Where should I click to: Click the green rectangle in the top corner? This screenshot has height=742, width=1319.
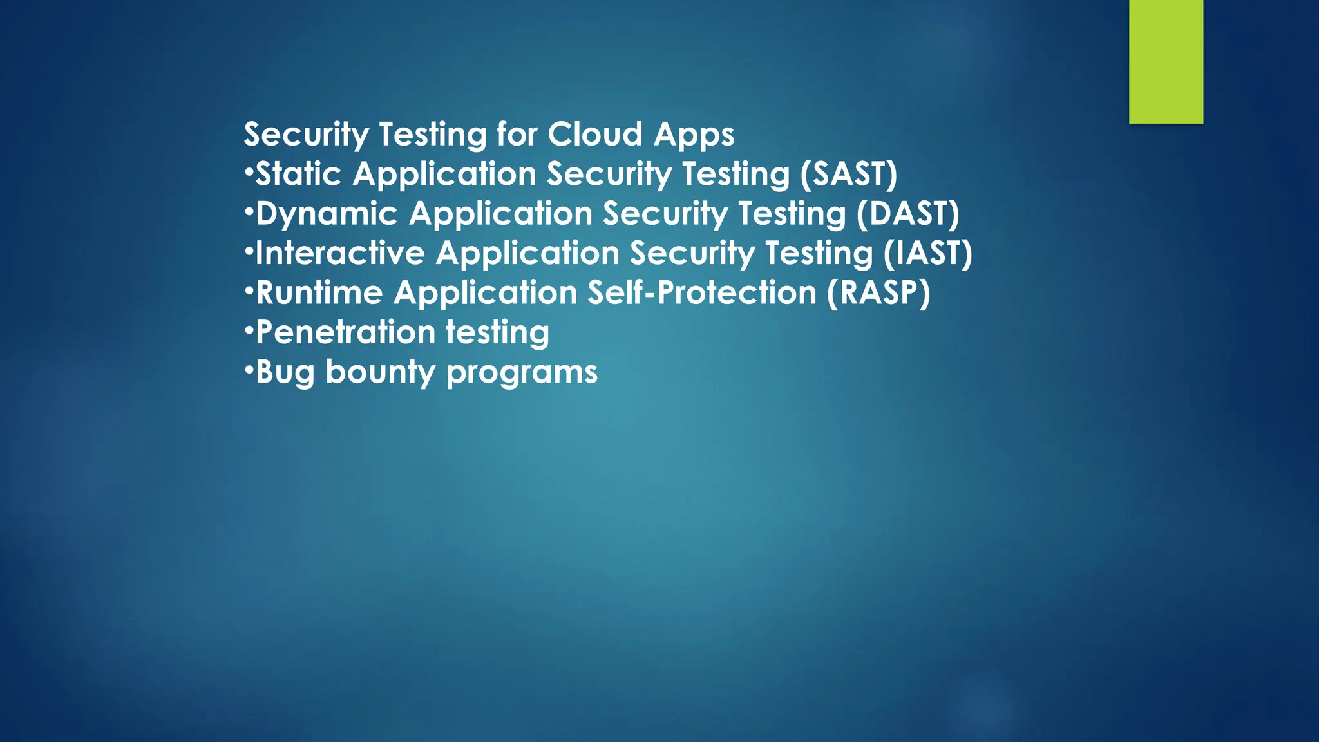[x=1166, y=61]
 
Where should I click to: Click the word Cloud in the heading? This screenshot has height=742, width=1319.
[x=595, y=135]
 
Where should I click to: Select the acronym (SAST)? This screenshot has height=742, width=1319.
[x=848, y=175]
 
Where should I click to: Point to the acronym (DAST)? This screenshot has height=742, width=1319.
[x=907, y=214]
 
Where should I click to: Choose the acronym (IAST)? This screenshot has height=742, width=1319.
[x=927, y=253]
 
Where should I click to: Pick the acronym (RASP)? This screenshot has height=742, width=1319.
[x=878, y=293]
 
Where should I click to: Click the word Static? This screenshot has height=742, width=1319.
[x=298, y=175]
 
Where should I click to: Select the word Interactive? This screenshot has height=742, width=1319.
[x=340, y=253]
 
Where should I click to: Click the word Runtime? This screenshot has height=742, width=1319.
[x=319, y=293]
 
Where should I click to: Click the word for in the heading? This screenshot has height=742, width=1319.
[x=517, y=135]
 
